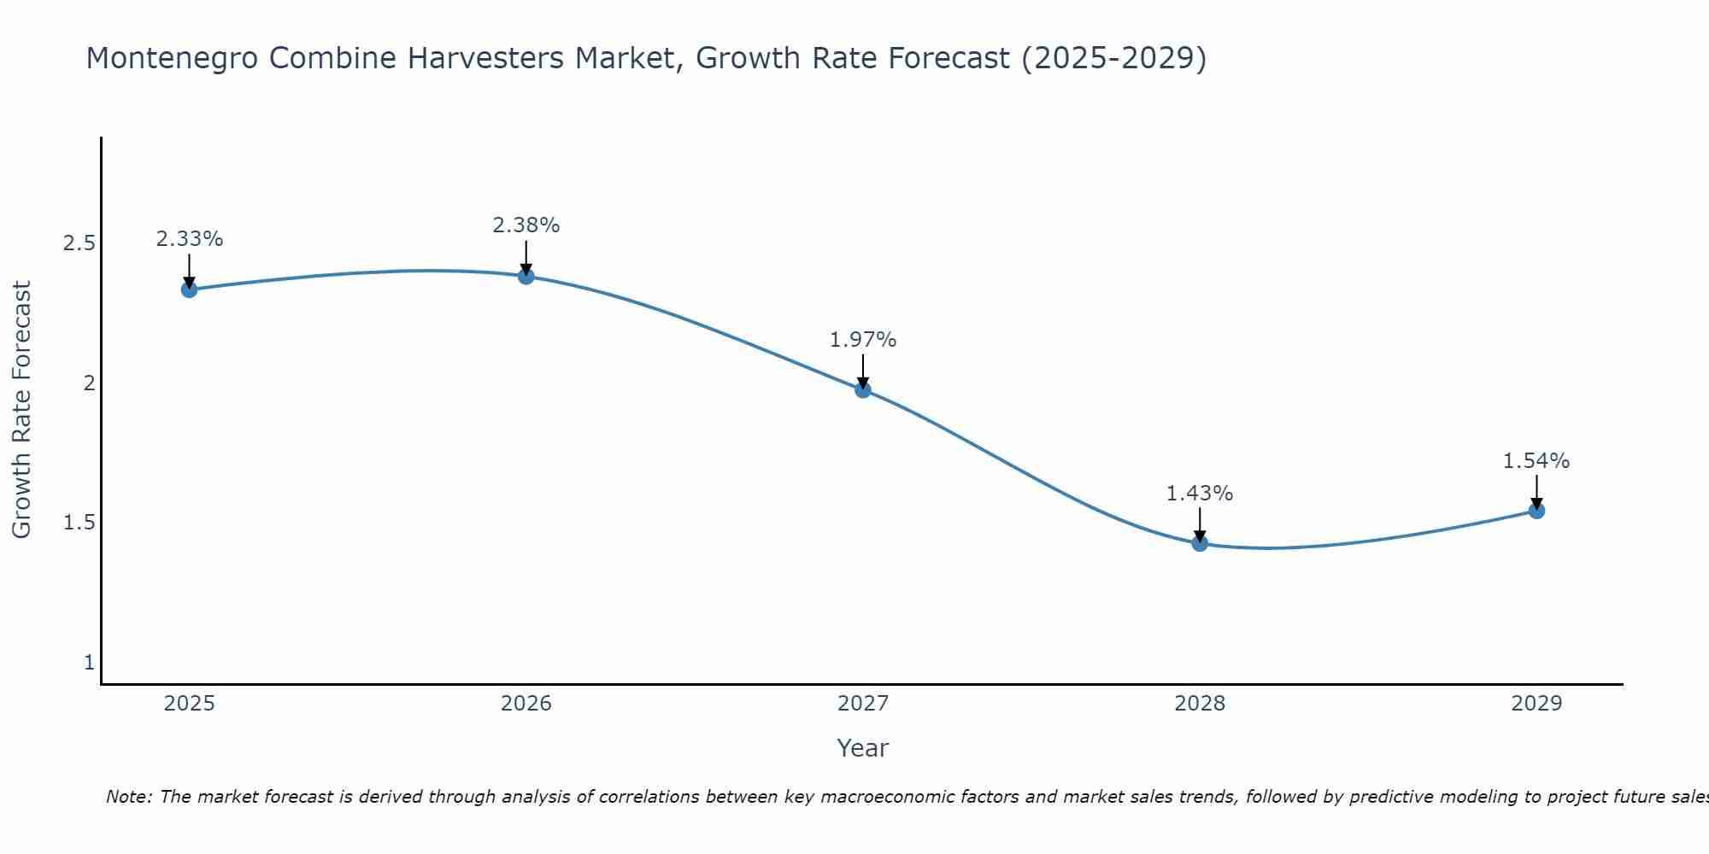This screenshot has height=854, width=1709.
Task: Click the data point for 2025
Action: click(x=189, y=290)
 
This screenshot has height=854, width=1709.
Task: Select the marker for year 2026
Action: click(x=526, y=276)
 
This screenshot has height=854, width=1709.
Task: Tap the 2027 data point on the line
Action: click(x=863, y=389)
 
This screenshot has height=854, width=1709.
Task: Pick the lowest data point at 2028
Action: click(x=1200, y=543)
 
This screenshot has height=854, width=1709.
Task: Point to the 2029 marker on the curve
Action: click(x=1536, y=511)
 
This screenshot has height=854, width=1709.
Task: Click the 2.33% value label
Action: click(x=189, y=239)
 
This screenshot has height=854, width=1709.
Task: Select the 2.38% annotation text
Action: click(x=526, y=225)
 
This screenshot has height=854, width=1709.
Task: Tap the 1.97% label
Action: click(x=863, y=340)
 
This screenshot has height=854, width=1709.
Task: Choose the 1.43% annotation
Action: click(x=1200, y=494)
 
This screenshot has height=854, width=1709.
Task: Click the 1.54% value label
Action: click(x=1536, y=461)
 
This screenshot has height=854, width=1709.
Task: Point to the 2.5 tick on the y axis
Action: click(x=79, y=243)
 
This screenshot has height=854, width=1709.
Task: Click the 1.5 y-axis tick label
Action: click(x=79, y=523)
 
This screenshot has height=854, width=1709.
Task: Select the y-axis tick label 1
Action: click(x=89, y=662)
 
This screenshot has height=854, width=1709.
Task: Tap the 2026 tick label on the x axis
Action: click(x=526, y=704)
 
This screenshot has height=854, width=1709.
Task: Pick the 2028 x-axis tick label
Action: click(x=1200, y=704)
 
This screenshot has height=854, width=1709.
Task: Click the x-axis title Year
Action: click(x=863, y=748)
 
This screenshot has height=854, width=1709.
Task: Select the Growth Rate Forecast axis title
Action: click(x=22, y=410)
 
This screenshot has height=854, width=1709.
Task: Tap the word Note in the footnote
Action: click(x=128, y=797)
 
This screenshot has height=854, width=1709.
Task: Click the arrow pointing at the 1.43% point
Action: click(x=1200, y=523)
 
